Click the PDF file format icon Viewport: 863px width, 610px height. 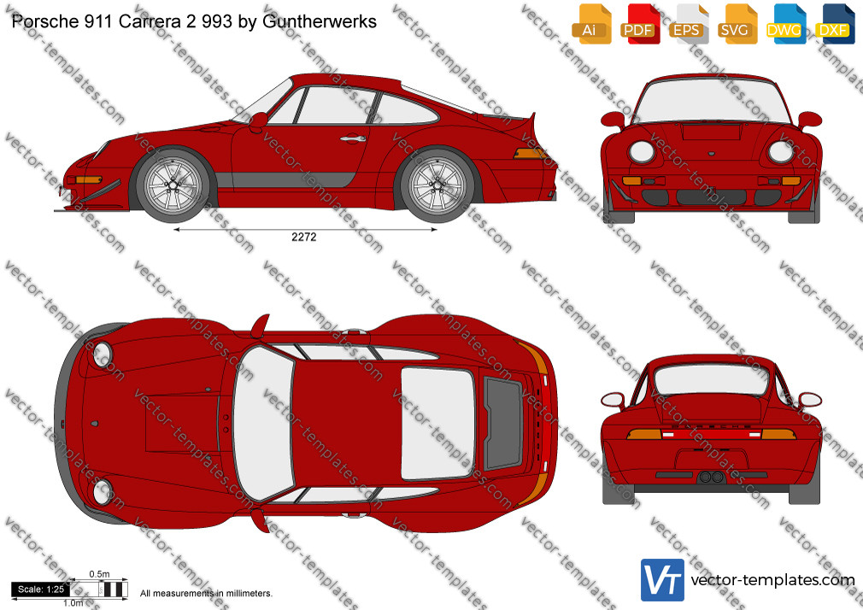tap(640, 24)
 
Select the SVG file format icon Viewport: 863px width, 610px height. tap(737, 24)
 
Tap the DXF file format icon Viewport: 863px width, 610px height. tap(835, 24)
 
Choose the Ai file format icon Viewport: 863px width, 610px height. tap(591, 24)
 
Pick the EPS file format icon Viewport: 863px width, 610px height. tap(689, 24)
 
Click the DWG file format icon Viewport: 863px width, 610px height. tap(786, 24)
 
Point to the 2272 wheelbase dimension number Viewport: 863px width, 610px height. tap(304, 238)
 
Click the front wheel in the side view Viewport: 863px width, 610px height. tap(173, 185)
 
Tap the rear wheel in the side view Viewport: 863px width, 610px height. tap(437, 185)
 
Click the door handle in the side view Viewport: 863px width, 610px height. tap(353, 138)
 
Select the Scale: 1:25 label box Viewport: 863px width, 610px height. tap(41, 589)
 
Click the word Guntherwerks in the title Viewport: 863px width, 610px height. tap(320, 21)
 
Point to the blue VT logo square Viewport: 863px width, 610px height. tap(663, 580)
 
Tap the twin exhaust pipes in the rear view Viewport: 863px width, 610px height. tap(711, 477)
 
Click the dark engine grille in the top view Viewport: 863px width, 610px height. tap(502, 423)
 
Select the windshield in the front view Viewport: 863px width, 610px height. tap(711, 100)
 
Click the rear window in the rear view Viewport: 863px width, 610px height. tap(711, 380)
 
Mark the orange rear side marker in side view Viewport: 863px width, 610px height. tap(530, 154)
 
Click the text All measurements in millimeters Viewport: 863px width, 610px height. tap(206, 594)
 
